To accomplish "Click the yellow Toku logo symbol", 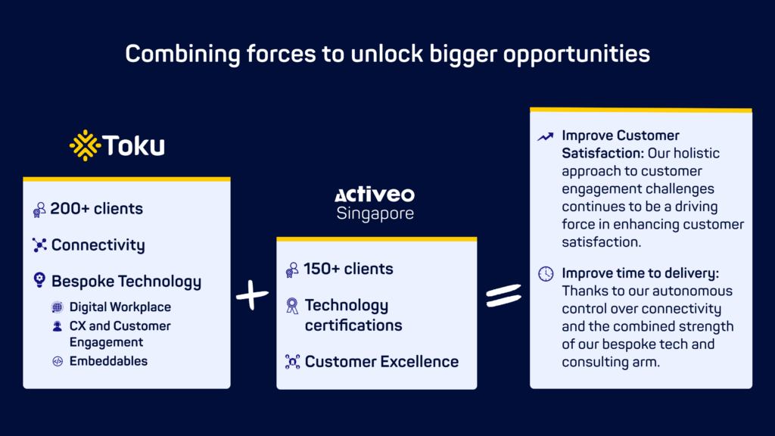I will pyautogui.click(x=85, y=145).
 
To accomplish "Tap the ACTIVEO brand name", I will pyautogui.click(x=375, y=195).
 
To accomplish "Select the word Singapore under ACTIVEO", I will pyautogui.click(x=375, y=213).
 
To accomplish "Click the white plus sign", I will pyautogui.click(x=252, y=296).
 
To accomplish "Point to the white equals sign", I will pyautogui.click(x=503, y=295).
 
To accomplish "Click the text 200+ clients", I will pyautogui.click(x=96, y=209).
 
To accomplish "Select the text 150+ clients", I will pyautogui.click(x=349, y=269).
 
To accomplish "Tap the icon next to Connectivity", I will pyautogui.click(x=39, y=245).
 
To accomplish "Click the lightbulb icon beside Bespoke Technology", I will pyautogui.click(x=39, y=281).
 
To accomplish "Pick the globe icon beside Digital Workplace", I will pyautogui.click(x=58, y=307).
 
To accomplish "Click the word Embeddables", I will pyautogui.click(x=108, y=361).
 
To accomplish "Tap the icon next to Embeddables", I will pyautogui.click(x=58, y=361).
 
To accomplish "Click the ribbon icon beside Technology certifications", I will pyautogui.click(x=292, y=306).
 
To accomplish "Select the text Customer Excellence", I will pyautogui.click(x=381, y=362).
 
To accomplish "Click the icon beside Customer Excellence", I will pyautogui.click(x=292, y=362).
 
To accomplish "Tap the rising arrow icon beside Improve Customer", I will pyautogui.click(x=546, y=136).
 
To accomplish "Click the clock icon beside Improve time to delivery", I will pyautogui.click(x=546, y=273).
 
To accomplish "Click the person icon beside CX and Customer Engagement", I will pyautogui.click(x=58, y=326).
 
